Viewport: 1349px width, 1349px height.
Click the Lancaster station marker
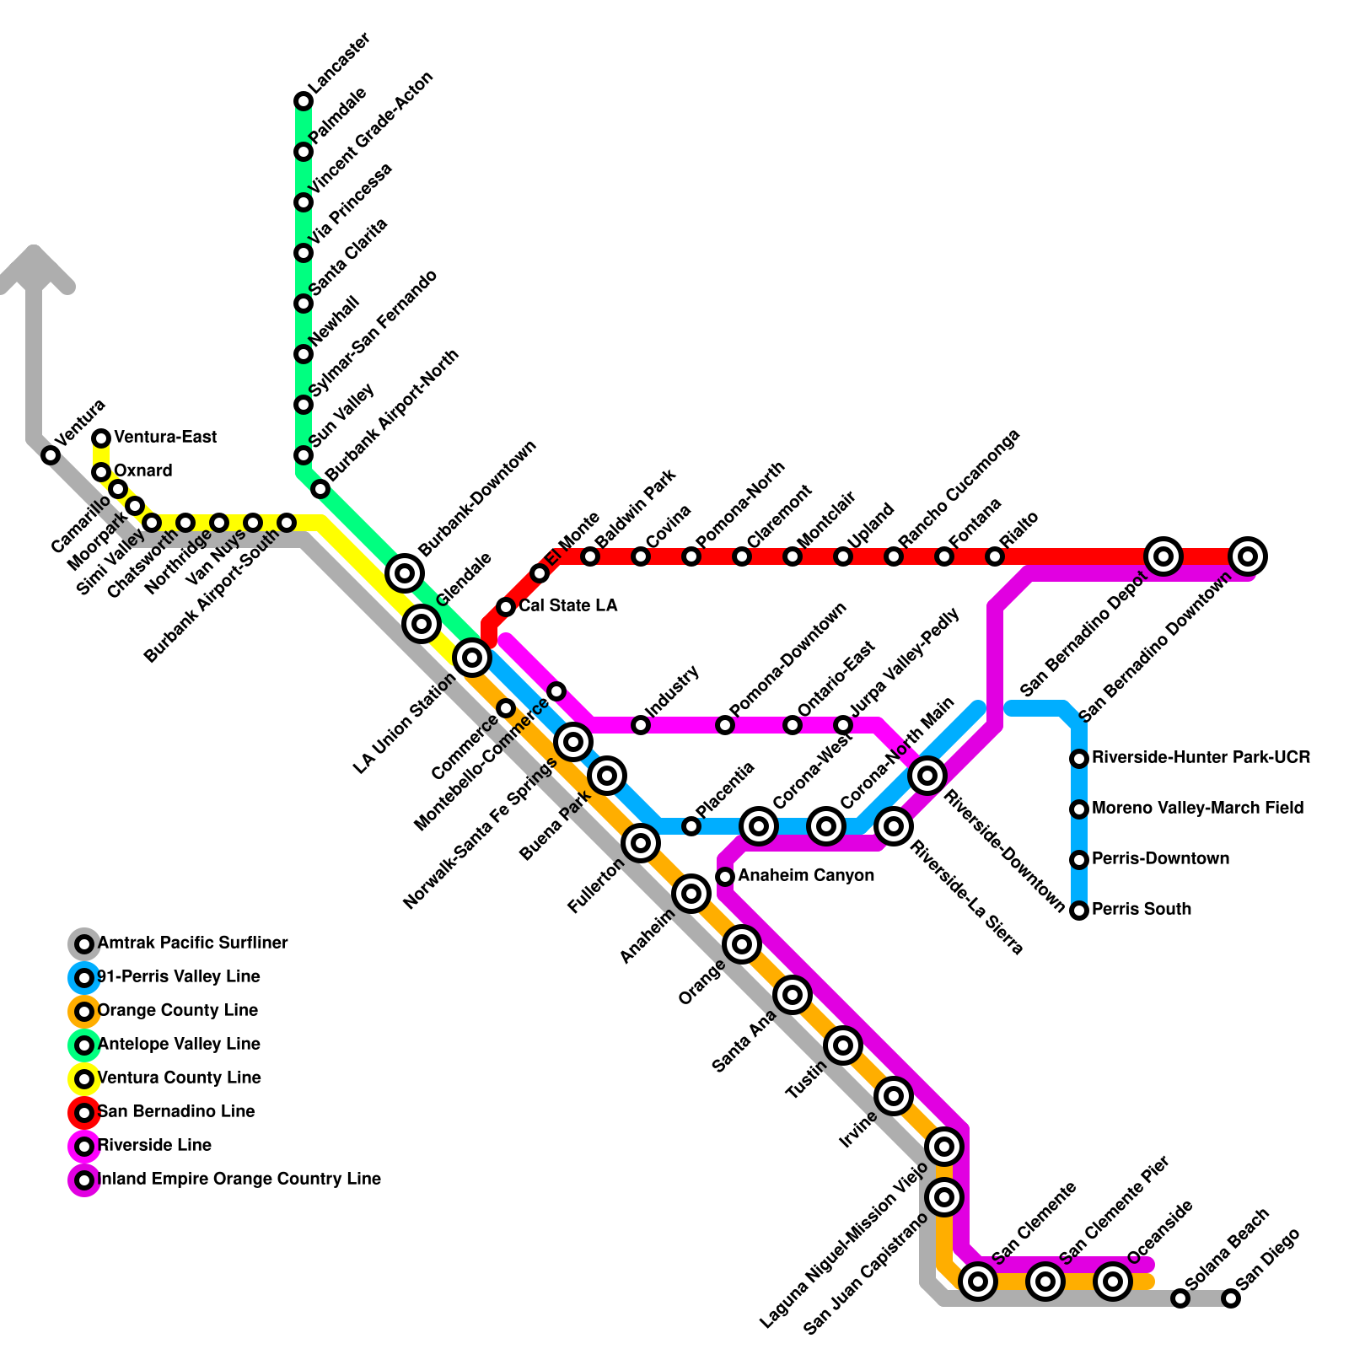click(x=304, y=101)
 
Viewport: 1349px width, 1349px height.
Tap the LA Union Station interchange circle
click(x=472, y=657)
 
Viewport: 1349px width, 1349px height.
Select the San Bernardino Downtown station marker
click(x=1248, y=556)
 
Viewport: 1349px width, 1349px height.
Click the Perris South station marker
click(x=1079, y=911)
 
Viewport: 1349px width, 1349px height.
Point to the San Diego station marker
click(x=1231, y=1298)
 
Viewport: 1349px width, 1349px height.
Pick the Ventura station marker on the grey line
click(x=51, y=455)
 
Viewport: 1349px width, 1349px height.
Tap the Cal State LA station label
click(x=567, y=605)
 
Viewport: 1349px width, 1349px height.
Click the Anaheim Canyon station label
click(x=805, y=876)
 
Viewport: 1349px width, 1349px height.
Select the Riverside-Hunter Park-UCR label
click(x=1201, y=757)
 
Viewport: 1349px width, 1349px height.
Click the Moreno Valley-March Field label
click(x=1197, y=808)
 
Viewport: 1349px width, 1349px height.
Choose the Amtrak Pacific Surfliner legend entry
click(x=192, y=943)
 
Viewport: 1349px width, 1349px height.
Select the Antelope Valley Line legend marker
click(x=84, y=1045)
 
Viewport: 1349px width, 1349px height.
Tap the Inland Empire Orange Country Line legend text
click(x=239, y=1179)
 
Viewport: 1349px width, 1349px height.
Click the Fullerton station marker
click(x=641, y=842)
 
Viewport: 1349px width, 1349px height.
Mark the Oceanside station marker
click(x=1113, y=1282)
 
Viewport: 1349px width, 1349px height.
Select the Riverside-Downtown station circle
click(x=927, y=775)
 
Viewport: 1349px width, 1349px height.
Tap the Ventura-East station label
click(x=165, y=437)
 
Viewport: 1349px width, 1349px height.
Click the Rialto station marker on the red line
click(x=995, y=556)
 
